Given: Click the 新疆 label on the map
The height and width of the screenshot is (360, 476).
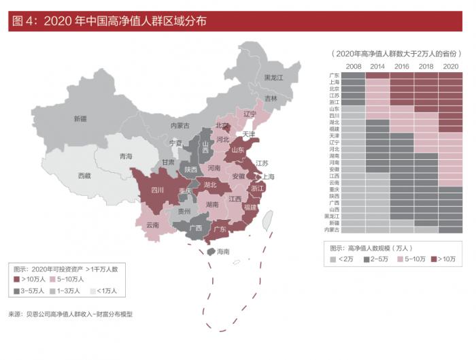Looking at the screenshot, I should pos(80,118).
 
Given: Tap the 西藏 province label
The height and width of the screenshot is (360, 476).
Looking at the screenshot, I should pos(84,176).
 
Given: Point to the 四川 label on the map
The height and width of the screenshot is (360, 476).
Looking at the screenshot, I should pos(157,190).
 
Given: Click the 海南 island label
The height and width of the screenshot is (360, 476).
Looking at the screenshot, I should pos(223,252).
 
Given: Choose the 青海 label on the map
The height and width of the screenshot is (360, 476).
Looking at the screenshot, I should pos(126,157).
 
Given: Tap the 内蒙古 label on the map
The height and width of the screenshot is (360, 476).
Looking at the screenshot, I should pos(180,125).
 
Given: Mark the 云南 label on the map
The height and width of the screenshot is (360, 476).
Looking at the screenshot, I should pos(152,225).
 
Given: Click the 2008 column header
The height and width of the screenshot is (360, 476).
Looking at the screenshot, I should pos(353,66).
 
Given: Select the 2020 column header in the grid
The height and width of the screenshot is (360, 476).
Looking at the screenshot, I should pos(450,66).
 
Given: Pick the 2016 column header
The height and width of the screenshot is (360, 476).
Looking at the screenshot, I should pos(401,66).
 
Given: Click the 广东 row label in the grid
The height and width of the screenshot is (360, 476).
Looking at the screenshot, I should pos(334,75).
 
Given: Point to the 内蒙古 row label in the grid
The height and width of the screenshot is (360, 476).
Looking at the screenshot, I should pos(333,230).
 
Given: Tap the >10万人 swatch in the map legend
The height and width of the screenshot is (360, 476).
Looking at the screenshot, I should pos(16,280).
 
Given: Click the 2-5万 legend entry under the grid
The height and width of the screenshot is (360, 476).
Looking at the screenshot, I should pos(367,259).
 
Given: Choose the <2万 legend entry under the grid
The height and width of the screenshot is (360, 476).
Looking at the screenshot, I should pos(333,259).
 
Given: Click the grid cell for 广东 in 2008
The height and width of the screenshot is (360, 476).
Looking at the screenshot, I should pos(353,75).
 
